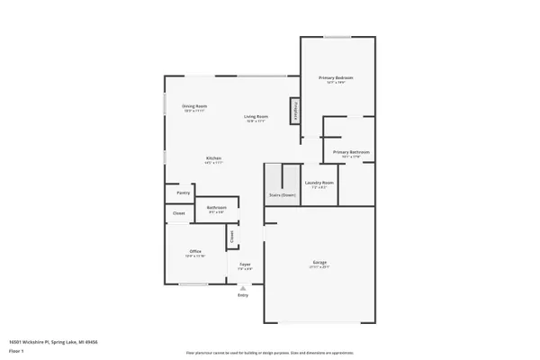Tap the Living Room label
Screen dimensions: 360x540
[x=256, y=117]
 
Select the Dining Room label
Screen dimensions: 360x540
[x=194, y=107]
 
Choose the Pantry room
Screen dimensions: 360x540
[x=183, y=193]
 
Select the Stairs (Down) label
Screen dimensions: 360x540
[x=283, y=194]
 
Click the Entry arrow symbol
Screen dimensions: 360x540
[x=242, y=288]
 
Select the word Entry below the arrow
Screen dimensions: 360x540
[x=242, y=295]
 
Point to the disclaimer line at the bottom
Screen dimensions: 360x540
[x=269, y=353]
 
